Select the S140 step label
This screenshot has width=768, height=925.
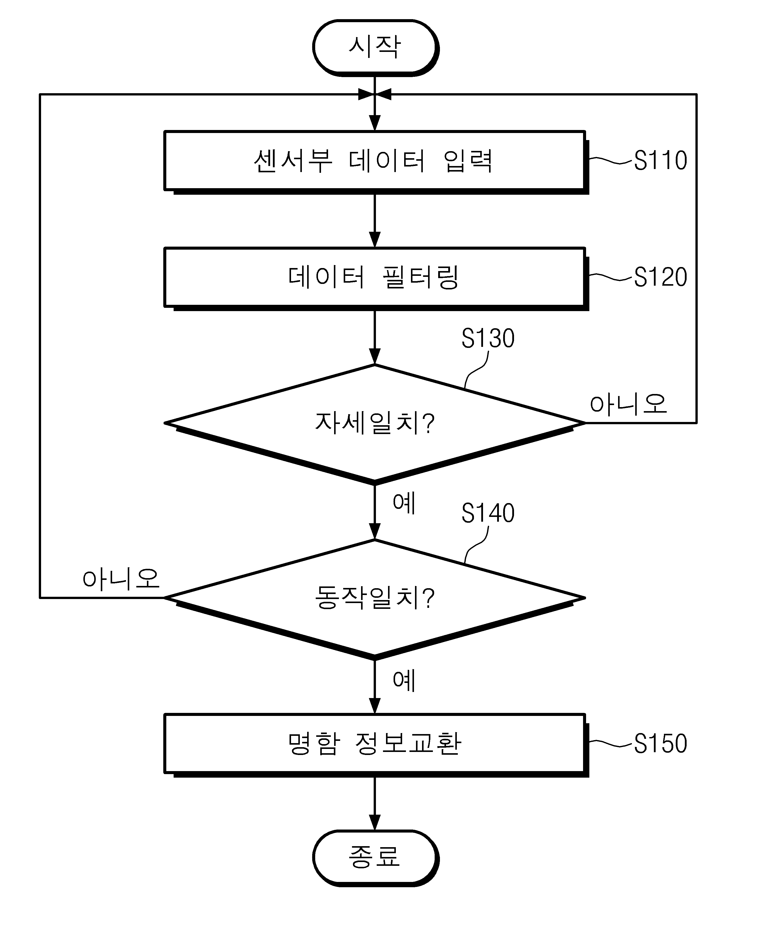coord(488,513)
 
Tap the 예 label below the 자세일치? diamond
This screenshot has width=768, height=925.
coord(404,503)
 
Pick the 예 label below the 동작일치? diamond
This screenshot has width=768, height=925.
coord(404,681)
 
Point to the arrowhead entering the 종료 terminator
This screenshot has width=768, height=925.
coord(374,823)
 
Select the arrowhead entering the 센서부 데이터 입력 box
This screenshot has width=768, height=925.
coord(374,123)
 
